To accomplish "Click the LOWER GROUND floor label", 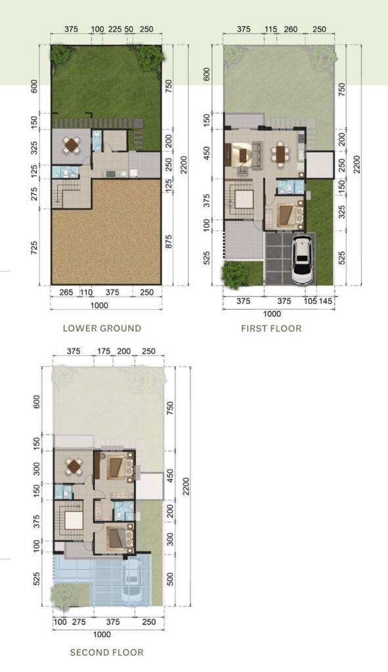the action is (x=102, y=328).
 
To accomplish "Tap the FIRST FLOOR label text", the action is (x=271, y=328).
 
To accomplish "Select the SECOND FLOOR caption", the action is (x=107, y=652).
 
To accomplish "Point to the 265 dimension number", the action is (x=66, y=293).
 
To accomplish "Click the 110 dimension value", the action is (x=86, y=293).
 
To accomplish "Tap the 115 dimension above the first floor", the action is (x=270, y=30).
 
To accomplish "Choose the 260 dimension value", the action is (x=291, y=30).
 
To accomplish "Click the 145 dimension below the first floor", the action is (x=326, y=301).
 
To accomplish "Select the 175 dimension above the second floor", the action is (x=104, y=352).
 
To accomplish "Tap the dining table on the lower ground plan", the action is (x=71, y=144).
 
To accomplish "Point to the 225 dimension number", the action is (x=114, y=30).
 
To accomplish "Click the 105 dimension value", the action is (x=311, y=301).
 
